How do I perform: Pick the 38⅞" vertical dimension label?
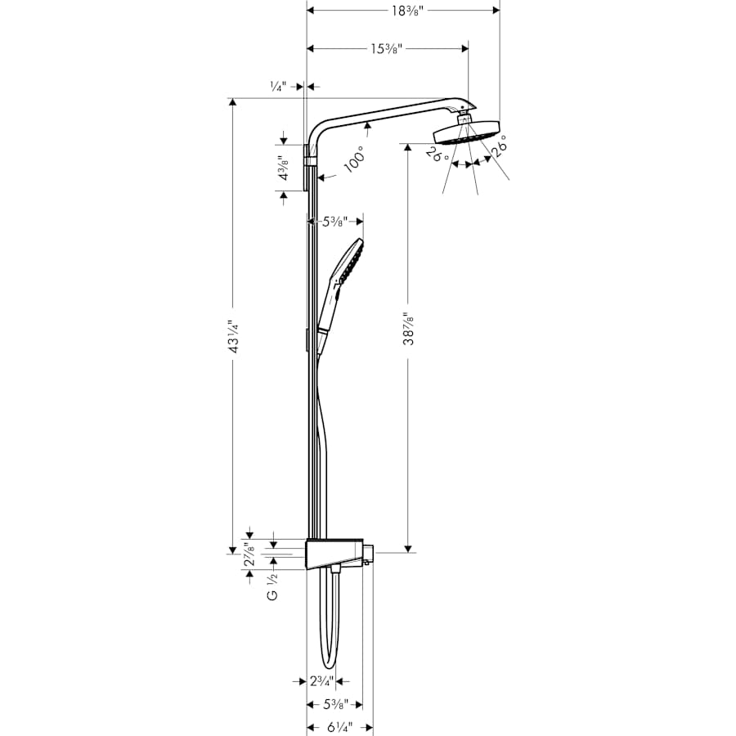pyautogui.click(x=409, y=328)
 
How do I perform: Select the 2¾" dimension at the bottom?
pyautogui.click(x=321, y=680)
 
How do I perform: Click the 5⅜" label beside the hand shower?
pyautogui.click(x=334, y=221)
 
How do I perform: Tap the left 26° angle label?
pyautogui.click(x=438, y=153)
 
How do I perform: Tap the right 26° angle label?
pyautogui.click(x=499, y=146)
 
